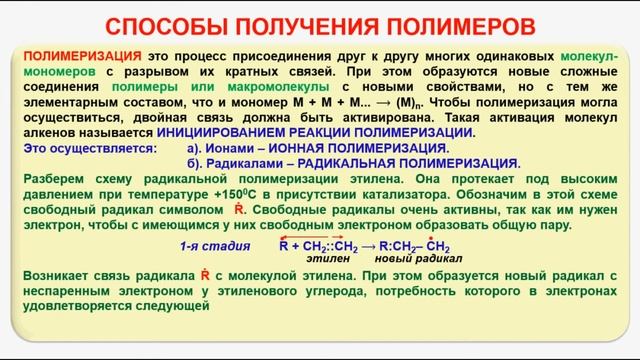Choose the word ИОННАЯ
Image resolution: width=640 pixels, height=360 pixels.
(x=330, y=148)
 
